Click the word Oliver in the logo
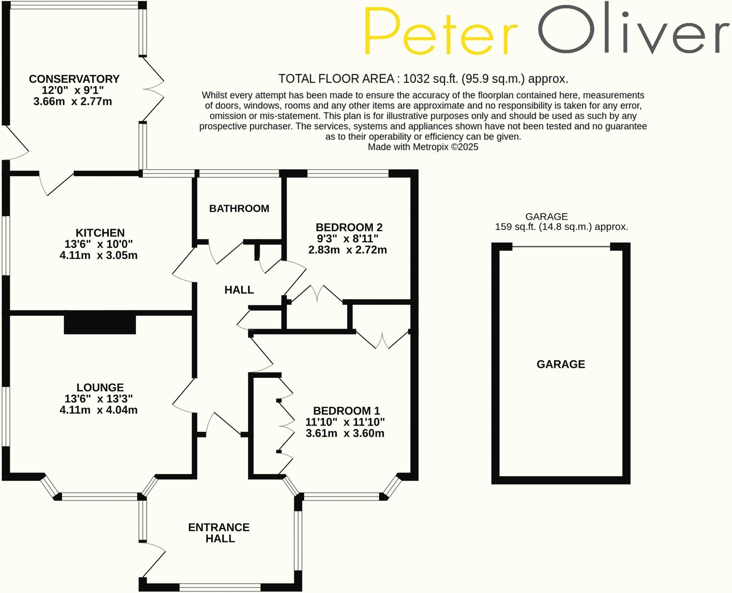633,30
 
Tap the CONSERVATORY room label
74,79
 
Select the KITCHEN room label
100,233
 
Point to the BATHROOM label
239,208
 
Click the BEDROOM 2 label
349,227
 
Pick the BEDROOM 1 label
346,410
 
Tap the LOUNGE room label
100,387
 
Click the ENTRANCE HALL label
219,533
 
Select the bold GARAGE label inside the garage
561,364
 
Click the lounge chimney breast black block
100,325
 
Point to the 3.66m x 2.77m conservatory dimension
73,101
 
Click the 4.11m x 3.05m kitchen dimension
99,255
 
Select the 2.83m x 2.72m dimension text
348,250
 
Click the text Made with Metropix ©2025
423,147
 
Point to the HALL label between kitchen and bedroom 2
239,290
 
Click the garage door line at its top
561,247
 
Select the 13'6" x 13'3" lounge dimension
99,398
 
